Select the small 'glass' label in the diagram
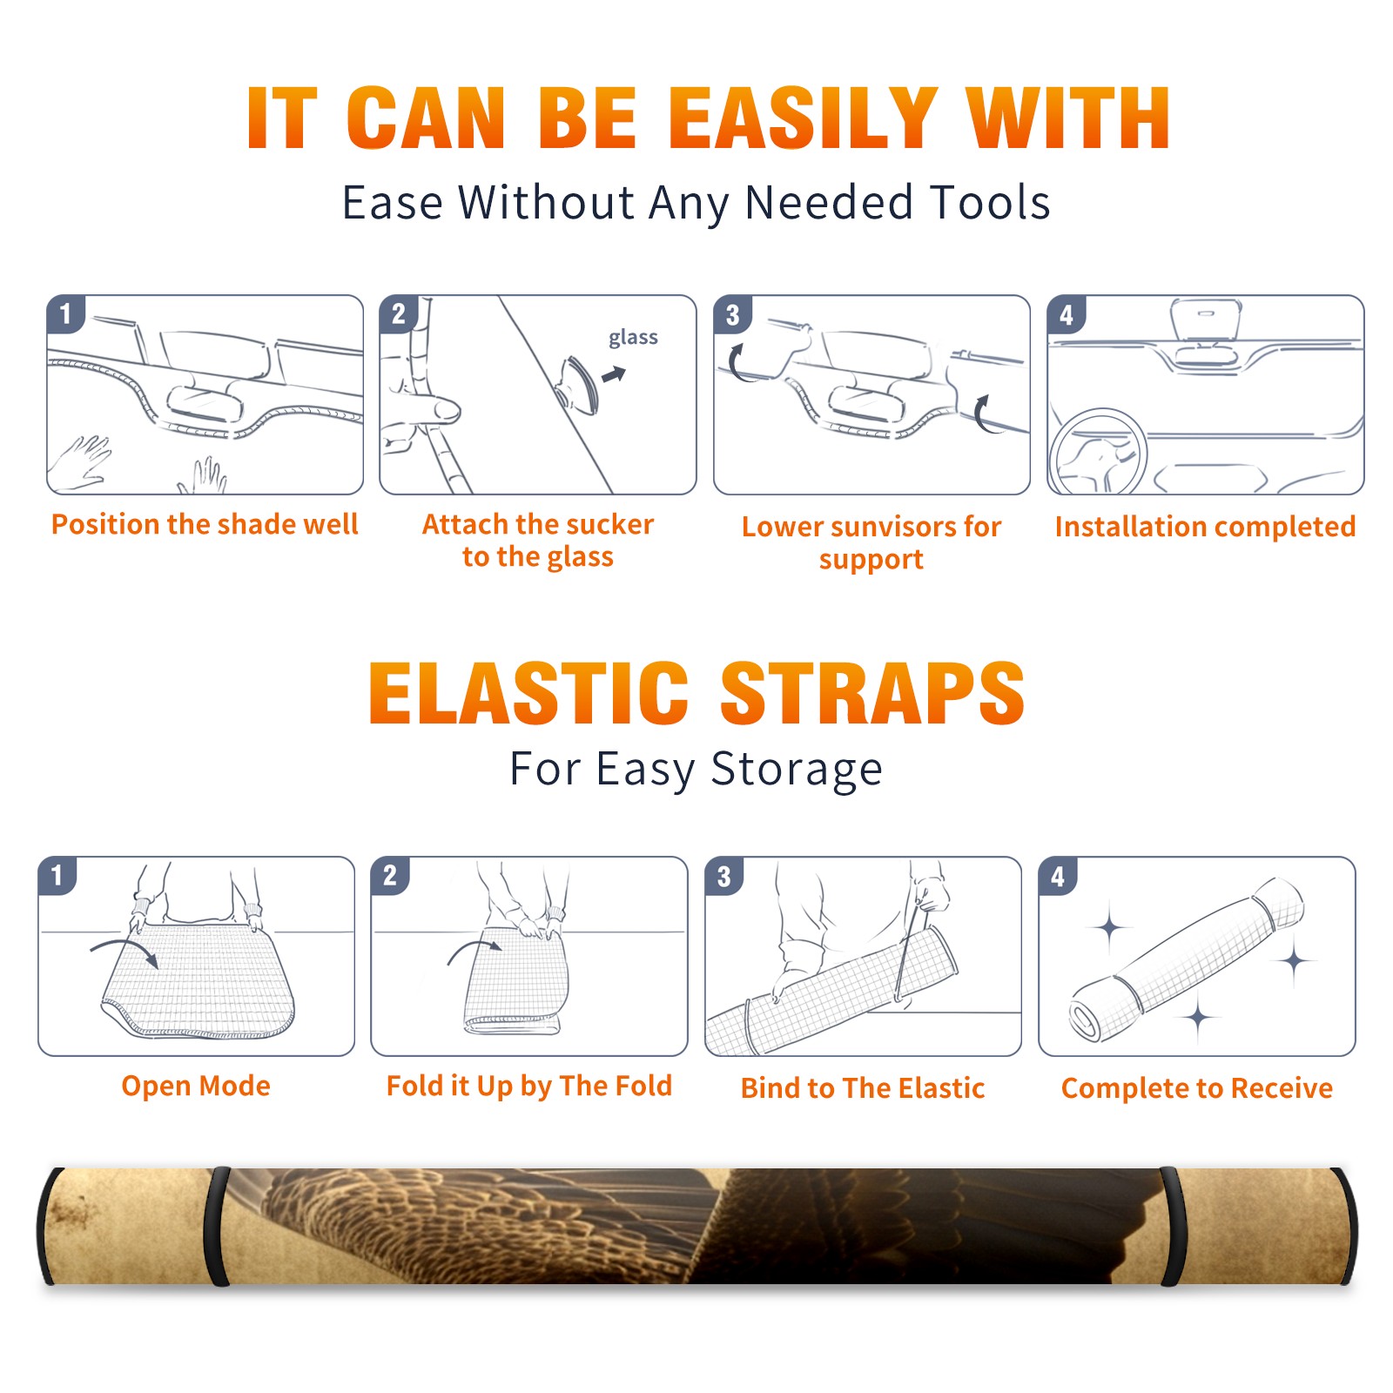[633, 338]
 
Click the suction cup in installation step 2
[576, 384]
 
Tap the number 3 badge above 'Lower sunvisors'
[733, 314]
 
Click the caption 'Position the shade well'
[205, 524]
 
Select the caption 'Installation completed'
[1205, 526]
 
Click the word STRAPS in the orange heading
[872, 693]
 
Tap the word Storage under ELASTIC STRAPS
[797, 770]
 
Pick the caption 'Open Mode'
[196, 1086]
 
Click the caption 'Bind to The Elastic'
[863, 1087]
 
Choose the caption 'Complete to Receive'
[1197, 1088]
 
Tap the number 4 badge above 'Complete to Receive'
[1058, 876]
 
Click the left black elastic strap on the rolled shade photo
[217, 1226]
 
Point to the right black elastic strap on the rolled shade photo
[1173, 1226]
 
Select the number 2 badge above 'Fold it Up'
[390, 876]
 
